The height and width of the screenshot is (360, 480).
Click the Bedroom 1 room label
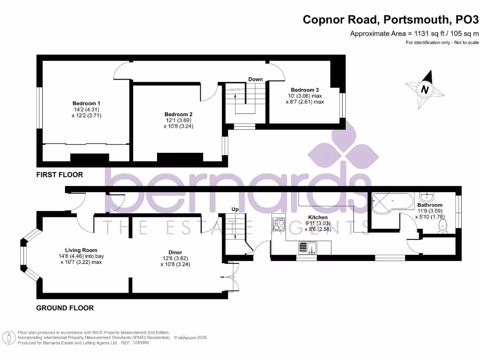[x=86, y=104]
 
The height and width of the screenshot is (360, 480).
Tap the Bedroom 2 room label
[x=179, y=114]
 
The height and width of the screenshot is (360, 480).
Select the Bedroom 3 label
[x=305, y=90]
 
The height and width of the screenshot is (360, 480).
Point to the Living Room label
[x=81, y=250]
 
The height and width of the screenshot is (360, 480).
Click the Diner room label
[x=175, y=253]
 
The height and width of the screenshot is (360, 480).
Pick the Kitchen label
[x=318, y=217]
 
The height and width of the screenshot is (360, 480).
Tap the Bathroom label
[x=430, y=205]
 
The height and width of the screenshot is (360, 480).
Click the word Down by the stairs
[x=255, y=79]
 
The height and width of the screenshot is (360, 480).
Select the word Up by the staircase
[x=235, y=210]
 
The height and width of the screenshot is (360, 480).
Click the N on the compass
[x=425, y=90]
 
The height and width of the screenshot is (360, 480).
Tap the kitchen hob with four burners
[x=278, y=225]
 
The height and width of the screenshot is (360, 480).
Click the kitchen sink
[x=307, y=247]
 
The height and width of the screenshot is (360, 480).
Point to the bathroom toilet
[x=442, y=227]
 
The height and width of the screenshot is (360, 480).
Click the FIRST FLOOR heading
[x=60, y=175]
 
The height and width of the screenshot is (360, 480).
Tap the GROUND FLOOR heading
[x=65, y=308]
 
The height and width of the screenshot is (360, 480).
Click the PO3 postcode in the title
[x=467, y=20]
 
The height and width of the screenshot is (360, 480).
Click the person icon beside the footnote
[x=9, y=338]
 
